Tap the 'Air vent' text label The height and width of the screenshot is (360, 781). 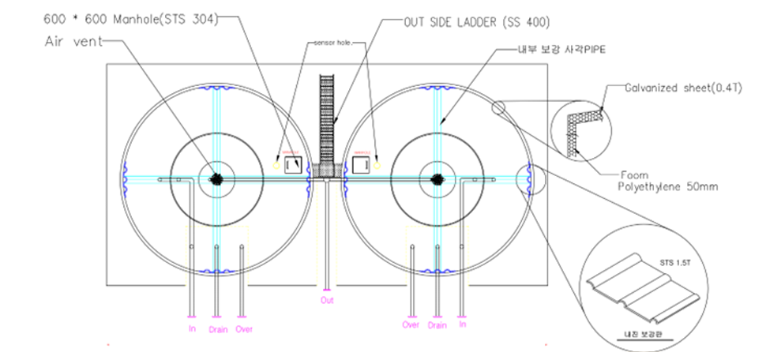73,43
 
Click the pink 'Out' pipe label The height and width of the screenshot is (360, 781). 327,301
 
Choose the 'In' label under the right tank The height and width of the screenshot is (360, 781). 462,324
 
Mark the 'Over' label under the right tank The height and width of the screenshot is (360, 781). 411,324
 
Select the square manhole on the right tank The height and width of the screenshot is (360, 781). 362,164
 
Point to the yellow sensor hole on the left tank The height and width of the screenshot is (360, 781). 276,165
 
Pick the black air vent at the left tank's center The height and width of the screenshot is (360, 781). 215,179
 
